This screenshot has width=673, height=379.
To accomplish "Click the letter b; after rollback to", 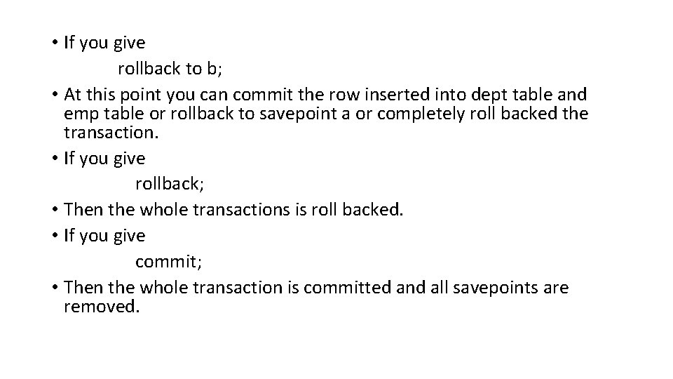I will [212, 69].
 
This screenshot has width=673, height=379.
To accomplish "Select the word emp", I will [81, 114].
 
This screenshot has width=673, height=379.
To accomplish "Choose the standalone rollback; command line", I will [170, 184].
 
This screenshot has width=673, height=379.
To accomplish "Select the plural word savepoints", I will [510, 287].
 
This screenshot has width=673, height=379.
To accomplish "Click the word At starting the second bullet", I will [73, 94].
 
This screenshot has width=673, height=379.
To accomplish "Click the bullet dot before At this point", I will [55, 94].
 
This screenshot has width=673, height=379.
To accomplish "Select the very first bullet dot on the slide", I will [55, 43].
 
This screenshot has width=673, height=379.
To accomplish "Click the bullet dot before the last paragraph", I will [55, 287].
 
